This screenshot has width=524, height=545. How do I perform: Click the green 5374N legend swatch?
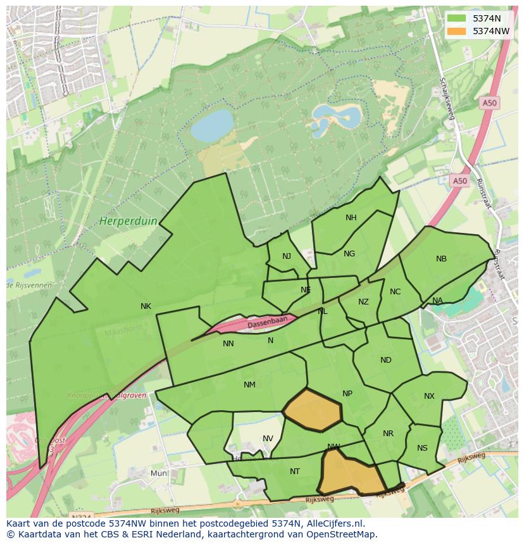point(455,18)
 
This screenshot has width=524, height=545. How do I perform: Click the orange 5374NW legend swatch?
point(455,30)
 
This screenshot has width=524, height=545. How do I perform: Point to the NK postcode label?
point(146,306)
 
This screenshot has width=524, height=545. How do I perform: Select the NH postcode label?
point(351,218)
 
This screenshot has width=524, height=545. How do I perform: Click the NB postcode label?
point(441,259)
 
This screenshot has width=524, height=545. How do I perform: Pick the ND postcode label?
point(385,360)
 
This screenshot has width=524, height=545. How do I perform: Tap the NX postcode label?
point(429,396)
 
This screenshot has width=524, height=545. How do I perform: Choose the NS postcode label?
point(422,448)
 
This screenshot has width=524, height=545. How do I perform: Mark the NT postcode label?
point(294,472)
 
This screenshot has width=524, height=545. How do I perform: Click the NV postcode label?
point(268,439)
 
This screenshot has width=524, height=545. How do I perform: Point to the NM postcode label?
point(249,385)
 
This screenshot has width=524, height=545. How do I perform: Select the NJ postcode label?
point(287,256)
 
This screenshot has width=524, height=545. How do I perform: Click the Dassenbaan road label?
point(267,323)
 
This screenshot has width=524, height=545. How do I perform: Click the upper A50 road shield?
point(489,103)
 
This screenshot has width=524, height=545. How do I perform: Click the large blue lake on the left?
point(212,125)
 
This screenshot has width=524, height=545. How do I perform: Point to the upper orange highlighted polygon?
point(313,410)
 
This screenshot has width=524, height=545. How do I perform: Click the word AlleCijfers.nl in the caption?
point(332,523)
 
